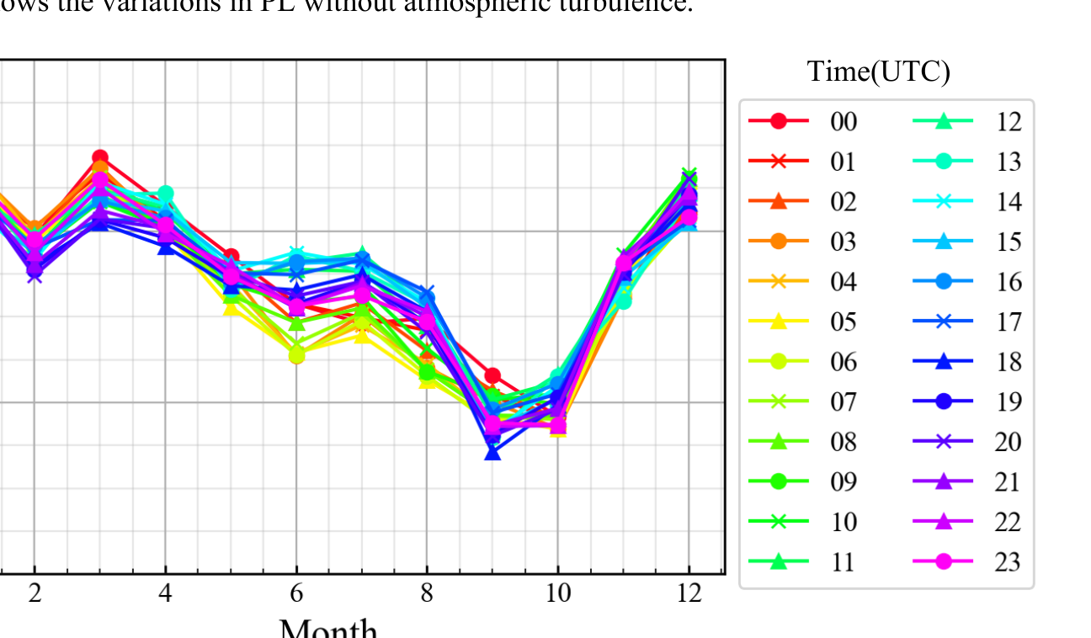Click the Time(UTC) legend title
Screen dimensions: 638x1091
pyautogui.click(x=878, y=72)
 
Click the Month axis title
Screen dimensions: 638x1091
pyautogui.click(x=328, y=627)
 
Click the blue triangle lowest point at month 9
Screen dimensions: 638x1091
pyautogui.click(x=492, y=453)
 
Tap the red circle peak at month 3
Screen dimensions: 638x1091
pyautogui.click(x=100, y=157)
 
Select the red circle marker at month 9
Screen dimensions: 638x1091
pyautogui.click(x=492, y=375)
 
